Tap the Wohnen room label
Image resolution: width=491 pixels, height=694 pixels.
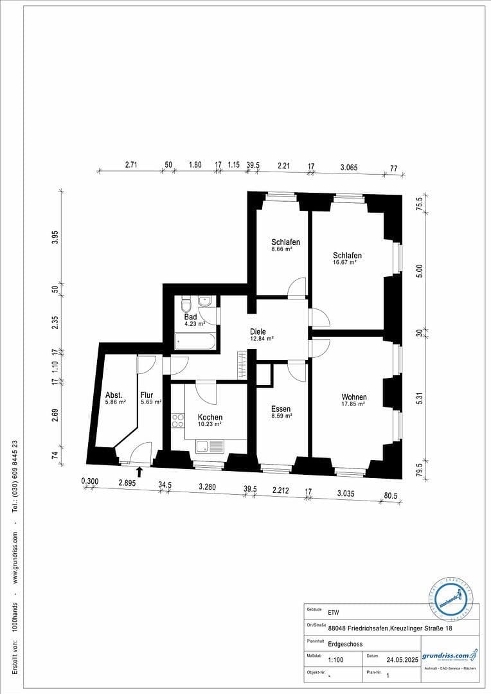353,397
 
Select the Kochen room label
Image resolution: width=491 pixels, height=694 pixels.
210,417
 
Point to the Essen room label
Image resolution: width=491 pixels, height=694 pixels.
281,409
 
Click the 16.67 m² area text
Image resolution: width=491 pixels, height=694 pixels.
344,262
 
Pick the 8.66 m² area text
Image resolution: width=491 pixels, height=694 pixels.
281,249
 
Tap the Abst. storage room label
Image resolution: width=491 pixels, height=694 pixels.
114,395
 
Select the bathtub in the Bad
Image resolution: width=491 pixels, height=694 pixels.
195,341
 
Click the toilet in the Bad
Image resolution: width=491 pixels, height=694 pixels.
186,302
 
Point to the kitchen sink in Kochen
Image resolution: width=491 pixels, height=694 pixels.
210,446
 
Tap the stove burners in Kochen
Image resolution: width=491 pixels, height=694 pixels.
177,421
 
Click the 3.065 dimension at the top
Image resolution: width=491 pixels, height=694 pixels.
348,167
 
